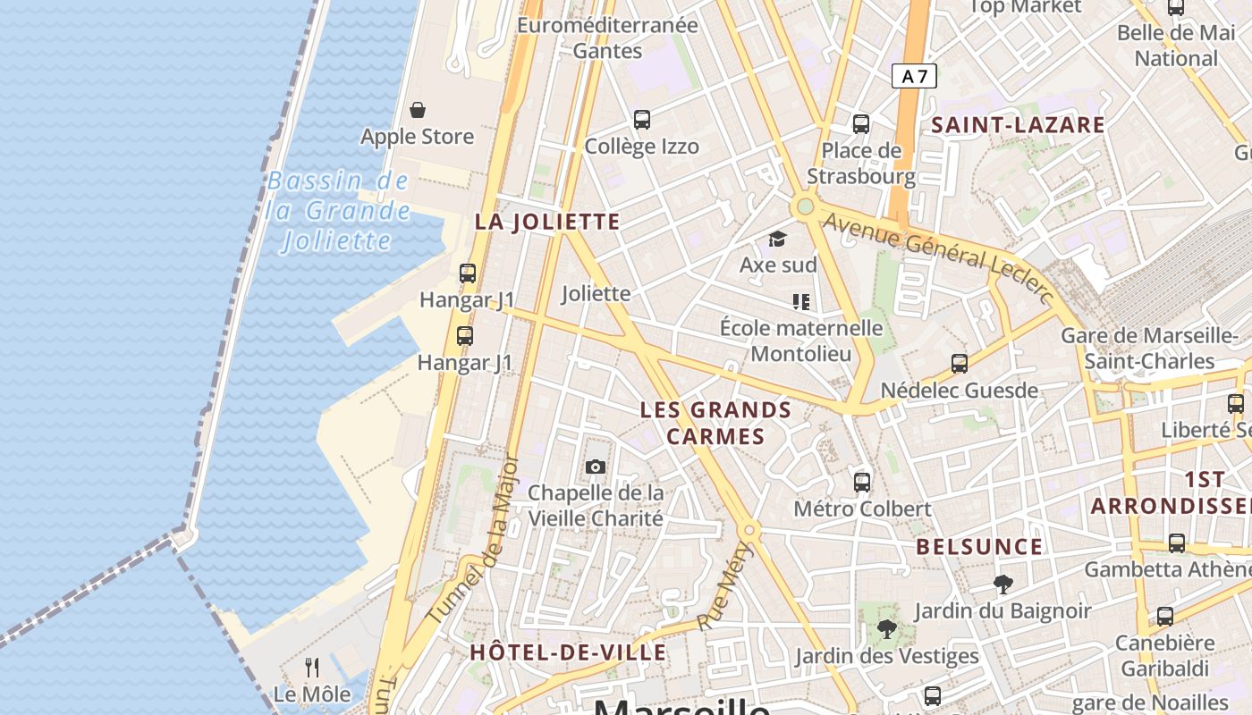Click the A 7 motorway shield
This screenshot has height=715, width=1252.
pos(914,77)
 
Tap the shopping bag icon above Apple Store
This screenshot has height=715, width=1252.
pos(418,110)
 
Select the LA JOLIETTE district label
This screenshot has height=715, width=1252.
pos(547,222)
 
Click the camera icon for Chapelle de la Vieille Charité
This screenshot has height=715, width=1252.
pos(595,467)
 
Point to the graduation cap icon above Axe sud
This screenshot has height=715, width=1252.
pos(777,240)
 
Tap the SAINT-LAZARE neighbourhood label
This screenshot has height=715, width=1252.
pos(1018,125)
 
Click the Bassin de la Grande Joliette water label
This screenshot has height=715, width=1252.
pos(338,211)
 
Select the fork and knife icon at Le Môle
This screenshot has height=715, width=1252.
pos(312,667)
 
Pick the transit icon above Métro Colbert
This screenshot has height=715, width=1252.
pos(862,483)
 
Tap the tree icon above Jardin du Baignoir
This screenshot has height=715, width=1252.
pos(1002,585)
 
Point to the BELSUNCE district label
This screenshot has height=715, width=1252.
pos(979,547)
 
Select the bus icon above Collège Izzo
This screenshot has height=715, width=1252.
pos(641,119)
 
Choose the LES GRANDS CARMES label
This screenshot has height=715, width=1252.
pos(715,423)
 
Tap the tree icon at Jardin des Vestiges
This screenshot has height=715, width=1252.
pos(885,629)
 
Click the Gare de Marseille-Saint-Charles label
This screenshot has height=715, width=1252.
pos(1149,349)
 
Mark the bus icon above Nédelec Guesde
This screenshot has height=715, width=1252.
pos(960,364)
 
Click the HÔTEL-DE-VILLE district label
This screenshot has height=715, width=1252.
pos(568,652)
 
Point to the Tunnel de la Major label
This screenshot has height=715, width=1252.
pos(475,541)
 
